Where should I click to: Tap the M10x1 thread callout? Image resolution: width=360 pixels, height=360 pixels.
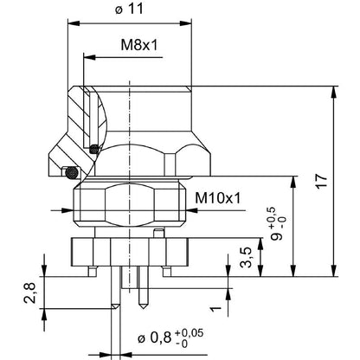[x=217, y=198]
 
